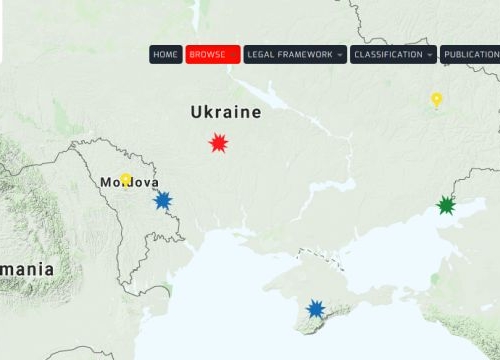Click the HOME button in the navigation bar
pyautogui.click(x=166, y=54)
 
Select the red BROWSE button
pyautogui.click(x=212, y=54)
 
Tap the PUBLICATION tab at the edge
pyautogui.click(x=471, y=54)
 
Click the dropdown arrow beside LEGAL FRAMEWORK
pyautogui.click(x=340, y=54)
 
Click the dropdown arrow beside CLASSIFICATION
pyautogui.click(x=429, y=54)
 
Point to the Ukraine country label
pyautogui.click(x=226, y=112)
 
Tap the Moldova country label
pyautogui.click(x=130, y=183)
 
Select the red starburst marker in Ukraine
pyautogui.click(x=218, y=143)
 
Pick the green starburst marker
pyautogui.click(x=446, y=206)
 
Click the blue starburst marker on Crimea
pyautogui.click(x=316, y=309)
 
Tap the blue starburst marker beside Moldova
pyautogui.click(x=162, y=200)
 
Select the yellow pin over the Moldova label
pyautogui.click(x=126, y=180)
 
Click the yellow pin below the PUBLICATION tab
pyautogui.click(x=436, y=99)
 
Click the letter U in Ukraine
pyautogui.click(x=197, y=112)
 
